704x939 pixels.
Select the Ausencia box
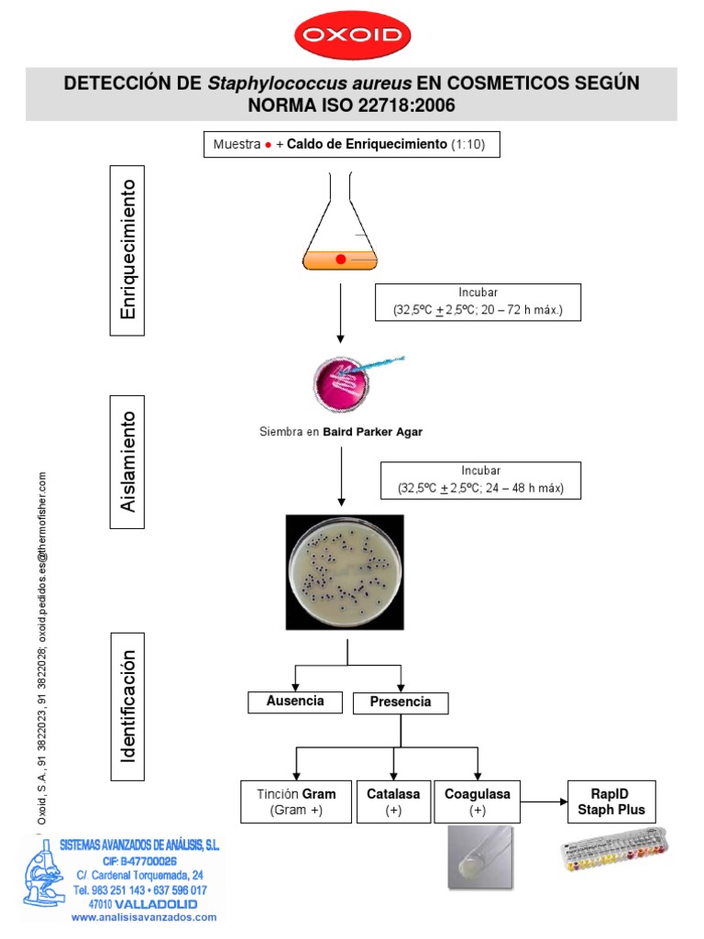click(294, 701)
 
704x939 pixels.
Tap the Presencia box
click(400, 703)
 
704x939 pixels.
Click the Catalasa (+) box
click(393, 801)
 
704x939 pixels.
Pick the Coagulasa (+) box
click(477, 801)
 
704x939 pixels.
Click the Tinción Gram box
click(294, 801)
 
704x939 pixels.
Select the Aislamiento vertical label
click(128, 461)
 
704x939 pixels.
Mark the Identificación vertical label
click(128, 705)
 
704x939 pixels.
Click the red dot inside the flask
click(340, 260)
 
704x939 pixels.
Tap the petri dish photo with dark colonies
click(346, 570)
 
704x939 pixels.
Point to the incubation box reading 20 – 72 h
click(478, 301)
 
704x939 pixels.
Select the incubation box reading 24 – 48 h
click(482, 480)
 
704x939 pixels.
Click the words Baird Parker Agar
click(372, 432)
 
